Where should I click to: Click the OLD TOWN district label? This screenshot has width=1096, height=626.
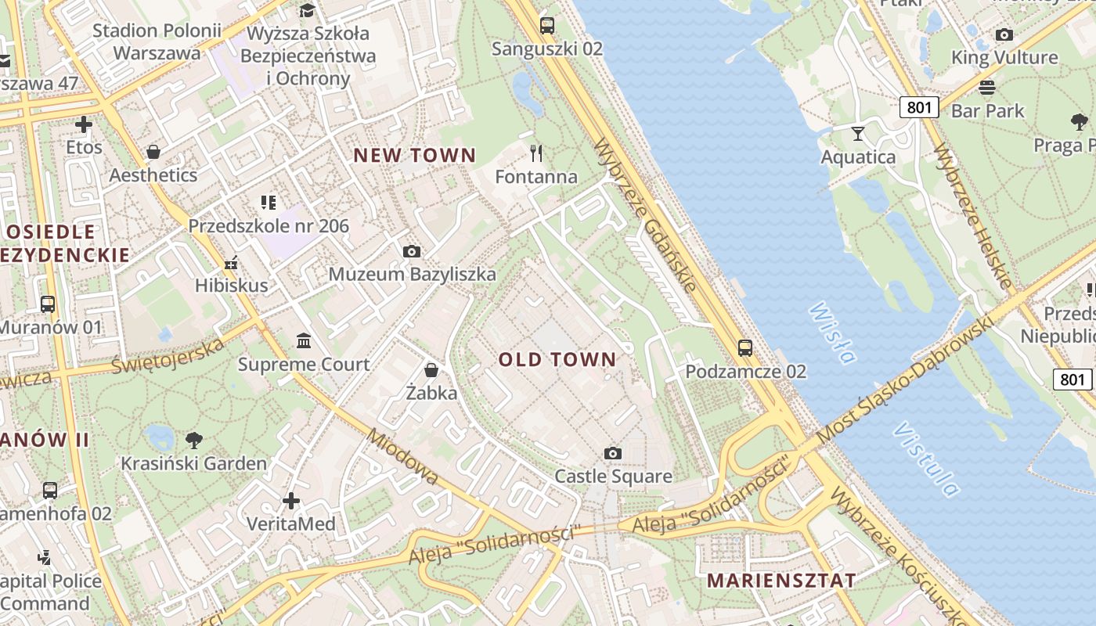pos(557,359)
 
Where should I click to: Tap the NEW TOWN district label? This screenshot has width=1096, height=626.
pos(414,155)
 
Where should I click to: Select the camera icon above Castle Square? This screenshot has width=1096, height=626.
pos(613,453)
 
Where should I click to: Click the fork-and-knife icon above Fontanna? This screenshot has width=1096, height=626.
pos(536,153)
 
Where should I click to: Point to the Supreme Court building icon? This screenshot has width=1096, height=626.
pos(304,340)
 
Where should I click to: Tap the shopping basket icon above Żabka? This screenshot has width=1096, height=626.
pos(431,369)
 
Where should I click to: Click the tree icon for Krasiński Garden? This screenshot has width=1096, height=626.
pos(193,440)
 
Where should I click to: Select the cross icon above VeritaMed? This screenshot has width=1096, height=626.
pos(291,500)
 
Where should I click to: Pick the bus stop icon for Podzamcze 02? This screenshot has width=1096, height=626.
pos(745,347)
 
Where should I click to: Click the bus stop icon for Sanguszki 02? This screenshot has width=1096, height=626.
pos(547,25)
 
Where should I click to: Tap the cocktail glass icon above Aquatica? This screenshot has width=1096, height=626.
pos(858,133)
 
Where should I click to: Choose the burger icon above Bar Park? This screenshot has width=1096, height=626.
pos(987,87)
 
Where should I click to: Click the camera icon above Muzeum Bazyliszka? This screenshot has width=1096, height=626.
pos(412,251)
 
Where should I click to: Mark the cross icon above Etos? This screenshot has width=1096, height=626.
pos(84,124)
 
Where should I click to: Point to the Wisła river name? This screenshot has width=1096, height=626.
pos(831,333)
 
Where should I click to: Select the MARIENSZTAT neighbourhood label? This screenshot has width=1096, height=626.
pos(781,580)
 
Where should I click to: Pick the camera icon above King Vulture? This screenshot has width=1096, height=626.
pos(1004,34)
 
